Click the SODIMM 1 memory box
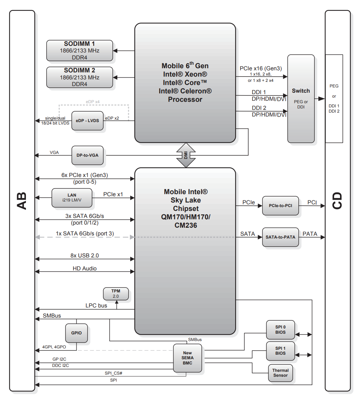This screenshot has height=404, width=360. coord(79,50)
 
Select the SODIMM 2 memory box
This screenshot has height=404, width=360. coord(79,77)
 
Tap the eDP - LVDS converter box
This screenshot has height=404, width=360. coord(88,121)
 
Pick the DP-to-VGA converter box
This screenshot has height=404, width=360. coord(88,155)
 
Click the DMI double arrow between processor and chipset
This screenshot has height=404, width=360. coord(186,155)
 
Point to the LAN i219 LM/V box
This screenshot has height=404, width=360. coord(72,198)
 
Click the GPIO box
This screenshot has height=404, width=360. coord(76,333)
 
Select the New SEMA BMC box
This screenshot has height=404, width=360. coord(188,358)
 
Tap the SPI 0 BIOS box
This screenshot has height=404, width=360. coord(280,329)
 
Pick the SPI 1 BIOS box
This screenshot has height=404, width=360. coord(280,351)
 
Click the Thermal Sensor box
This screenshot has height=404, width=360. coord(280,373)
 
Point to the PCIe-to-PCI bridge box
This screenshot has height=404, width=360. coord(280,206)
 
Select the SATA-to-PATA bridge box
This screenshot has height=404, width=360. coord(280,237)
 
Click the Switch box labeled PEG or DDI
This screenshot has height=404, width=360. coord(301,99)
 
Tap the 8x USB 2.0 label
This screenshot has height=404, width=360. coord(84,256)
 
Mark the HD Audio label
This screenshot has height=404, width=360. coord(85,269)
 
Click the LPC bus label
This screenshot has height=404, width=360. coord(96,305)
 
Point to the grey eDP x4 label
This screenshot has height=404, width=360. coord(93,102)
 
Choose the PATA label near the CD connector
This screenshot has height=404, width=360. coord(310,234)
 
